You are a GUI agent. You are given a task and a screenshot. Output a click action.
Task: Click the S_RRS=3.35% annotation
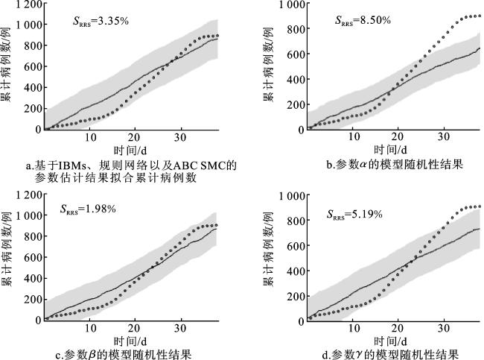[x=101, y=22]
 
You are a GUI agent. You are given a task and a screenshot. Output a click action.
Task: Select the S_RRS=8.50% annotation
[x=363, y=20]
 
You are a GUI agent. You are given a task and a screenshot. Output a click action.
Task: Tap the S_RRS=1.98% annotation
[x=88, y=209]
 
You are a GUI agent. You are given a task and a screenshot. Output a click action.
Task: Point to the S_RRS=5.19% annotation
[x=354, y=214]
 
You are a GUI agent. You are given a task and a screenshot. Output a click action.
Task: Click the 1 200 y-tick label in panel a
[x=29, y=4]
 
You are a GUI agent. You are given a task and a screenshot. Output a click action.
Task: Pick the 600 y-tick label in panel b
[x=296, y=54]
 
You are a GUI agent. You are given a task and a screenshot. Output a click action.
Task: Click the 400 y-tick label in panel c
[x=33, y=279]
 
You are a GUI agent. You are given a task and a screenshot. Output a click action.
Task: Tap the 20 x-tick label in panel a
[x=134, y=137]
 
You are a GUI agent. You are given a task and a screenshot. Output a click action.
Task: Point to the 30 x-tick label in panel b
[x=444, y=136]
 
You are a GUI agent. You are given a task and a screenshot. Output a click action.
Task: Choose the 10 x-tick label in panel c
[x=90, y=328]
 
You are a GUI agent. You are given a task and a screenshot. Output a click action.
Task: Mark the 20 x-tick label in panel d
[x=398, y=328]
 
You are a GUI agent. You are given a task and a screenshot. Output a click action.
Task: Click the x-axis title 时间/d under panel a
[x=130, y=151]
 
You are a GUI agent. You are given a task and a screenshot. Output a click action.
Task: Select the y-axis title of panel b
[x=267, y=64]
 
